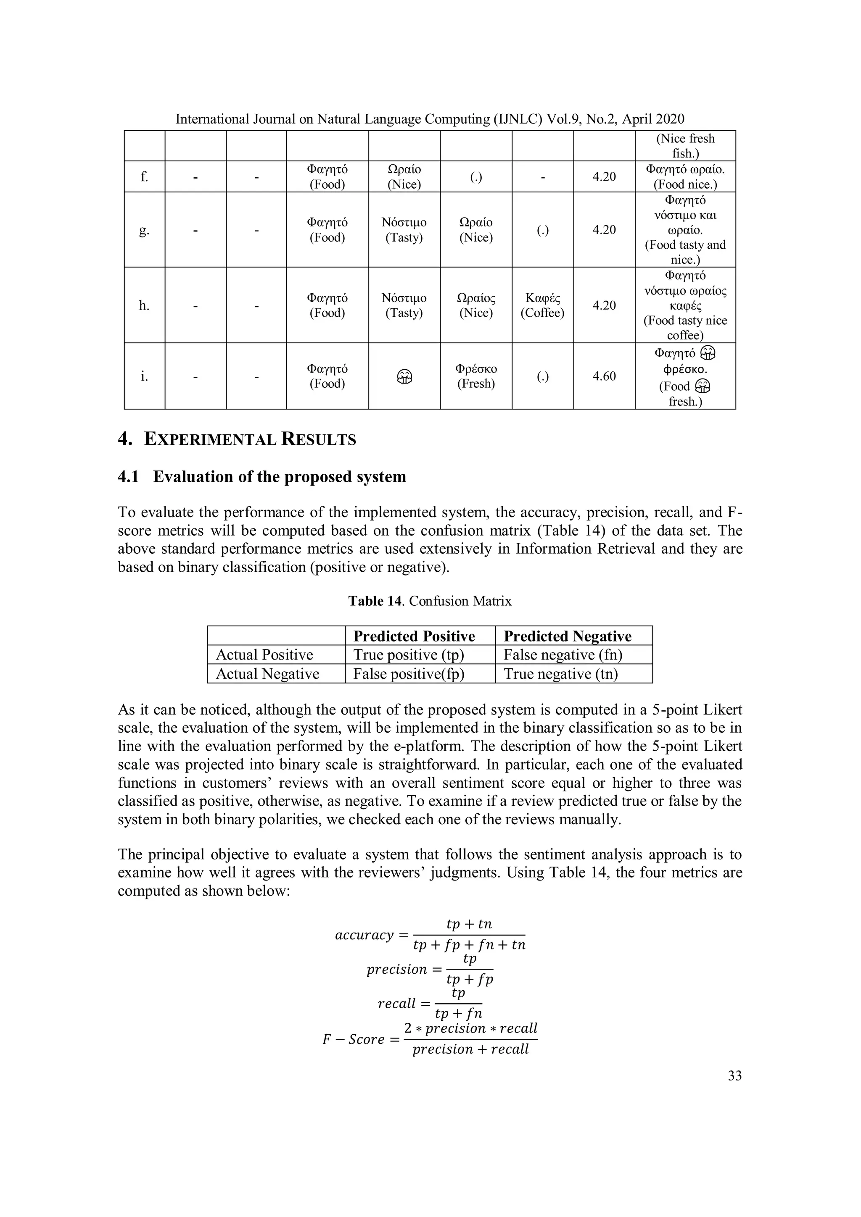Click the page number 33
(x=734, y=1075)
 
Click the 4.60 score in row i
(x=604, y=376)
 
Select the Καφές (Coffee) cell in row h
(x=542, y=305)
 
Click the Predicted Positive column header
(x=414, y=636)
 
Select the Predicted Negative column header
(x=567, y=636)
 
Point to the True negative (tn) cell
(x=560, y=674)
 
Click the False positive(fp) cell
(x=409, y=674)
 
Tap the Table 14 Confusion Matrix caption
(x=430, y=601)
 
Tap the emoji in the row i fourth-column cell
(x=404, y=376)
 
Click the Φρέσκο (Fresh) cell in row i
(x=476, y=376)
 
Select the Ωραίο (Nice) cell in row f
(x=404, y=176)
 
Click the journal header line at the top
(x=430, y=119)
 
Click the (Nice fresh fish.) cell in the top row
(x=685, y=146)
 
